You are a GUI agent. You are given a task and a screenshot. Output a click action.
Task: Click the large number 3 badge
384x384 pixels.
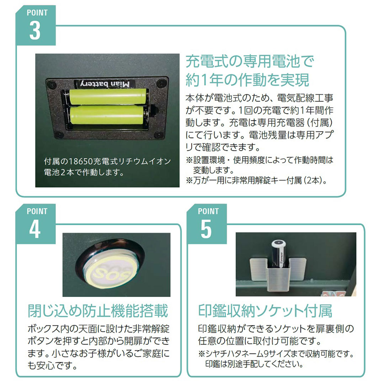(35, 31)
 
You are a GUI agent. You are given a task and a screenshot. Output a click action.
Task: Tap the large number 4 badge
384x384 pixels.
(35, 229)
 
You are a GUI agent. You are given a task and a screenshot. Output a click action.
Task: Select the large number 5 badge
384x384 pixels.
(206, 229)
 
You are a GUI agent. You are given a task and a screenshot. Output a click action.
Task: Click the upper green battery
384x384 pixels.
(108, 97)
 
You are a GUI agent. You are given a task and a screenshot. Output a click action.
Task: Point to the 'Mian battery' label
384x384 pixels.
(105, 84)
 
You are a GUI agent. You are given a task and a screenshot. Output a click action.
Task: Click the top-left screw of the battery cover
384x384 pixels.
(52, 85)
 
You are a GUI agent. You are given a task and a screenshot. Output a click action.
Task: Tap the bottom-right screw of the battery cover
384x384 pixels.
(159, 134)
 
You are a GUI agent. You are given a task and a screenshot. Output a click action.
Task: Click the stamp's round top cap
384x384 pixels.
(279, 244)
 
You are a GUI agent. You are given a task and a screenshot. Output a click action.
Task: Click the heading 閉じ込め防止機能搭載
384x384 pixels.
(98, 311)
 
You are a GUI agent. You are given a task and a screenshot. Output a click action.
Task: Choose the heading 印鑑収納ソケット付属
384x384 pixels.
(265, 311)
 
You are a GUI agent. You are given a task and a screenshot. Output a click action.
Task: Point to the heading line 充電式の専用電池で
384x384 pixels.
(250, 61)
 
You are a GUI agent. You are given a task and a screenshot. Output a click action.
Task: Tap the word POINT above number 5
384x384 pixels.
(208, 211)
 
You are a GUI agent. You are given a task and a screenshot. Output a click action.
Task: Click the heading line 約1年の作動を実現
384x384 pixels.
(247, 80)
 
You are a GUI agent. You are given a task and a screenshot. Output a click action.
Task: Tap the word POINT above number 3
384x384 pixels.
(37, 12)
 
